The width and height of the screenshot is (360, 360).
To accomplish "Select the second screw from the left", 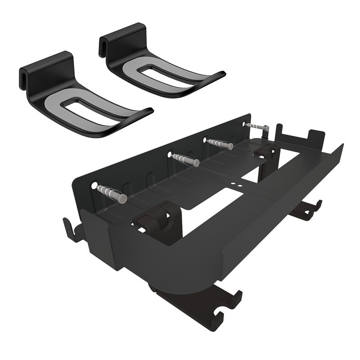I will (x=185, y=159).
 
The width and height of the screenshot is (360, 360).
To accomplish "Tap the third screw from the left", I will (x=220, y=144).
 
